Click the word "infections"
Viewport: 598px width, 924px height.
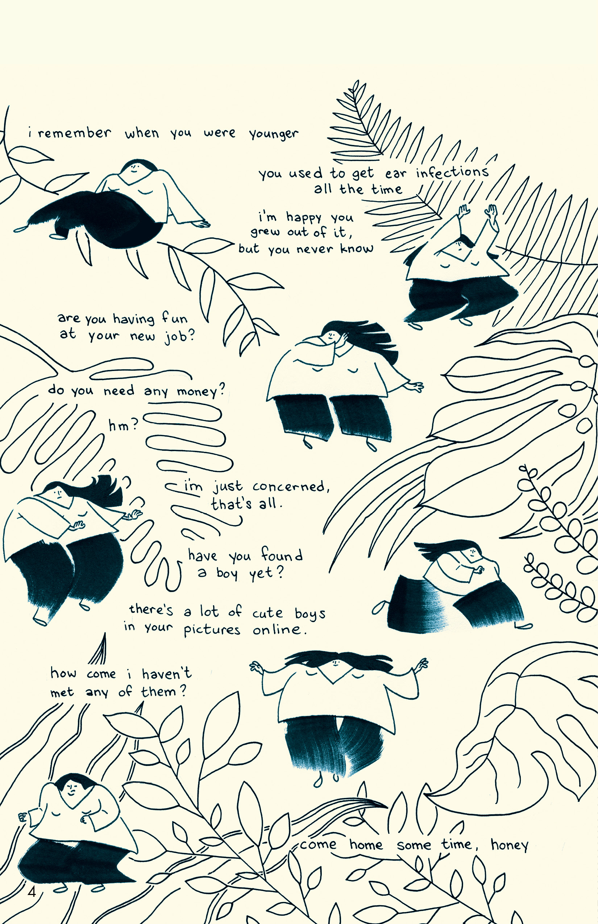[x=452, y=172]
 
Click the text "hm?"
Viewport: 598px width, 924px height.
[x=123, y=425]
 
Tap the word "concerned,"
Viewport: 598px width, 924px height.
[x=291, y=486]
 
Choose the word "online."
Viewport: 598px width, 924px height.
[x=279, y=629]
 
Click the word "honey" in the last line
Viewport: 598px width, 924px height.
[x=510, y=845]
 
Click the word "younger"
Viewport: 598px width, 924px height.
[x=274, y=134]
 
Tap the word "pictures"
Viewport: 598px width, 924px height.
[x=212, y=630]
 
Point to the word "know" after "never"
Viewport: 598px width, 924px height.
[x=357, y=248]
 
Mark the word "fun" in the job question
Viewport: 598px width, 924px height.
[x=175, y=318]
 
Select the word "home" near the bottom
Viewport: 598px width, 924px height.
[x=366, y=844]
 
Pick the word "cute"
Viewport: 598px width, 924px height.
[x=267, y=613]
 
